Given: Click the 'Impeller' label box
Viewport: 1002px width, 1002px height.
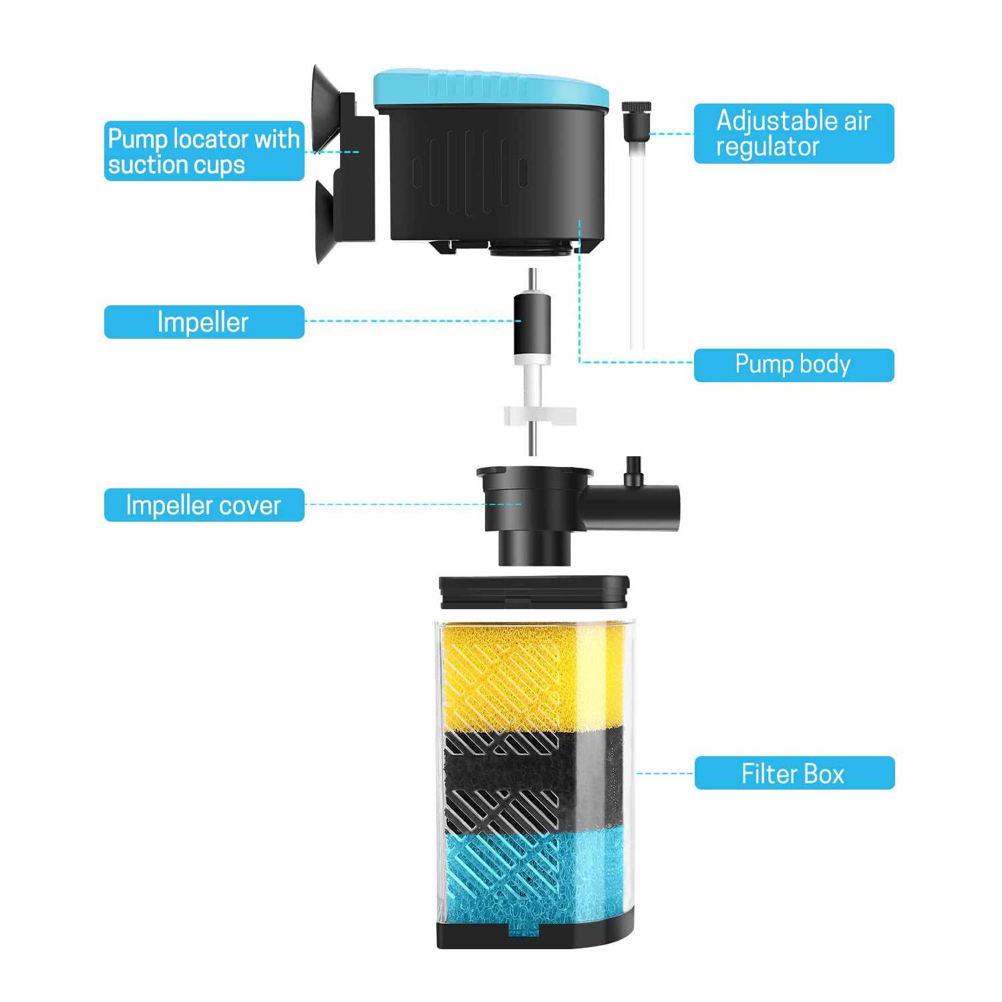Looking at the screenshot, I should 204,322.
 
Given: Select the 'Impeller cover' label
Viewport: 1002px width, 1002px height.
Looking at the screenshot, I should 204,505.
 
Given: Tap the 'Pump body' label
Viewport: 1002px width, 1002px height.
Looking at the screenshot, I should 794,365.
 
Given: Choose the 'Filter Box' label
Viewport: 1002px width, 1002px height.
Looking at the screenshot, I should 794,773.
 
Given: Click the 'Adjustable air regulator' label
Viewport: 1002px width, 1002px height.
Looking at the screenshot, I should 794,134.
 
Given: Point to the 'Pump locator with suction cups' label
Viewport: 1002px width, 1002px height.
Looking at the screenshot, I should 204,151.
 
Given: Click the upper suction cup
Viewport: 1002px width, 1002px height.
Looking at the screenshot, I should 323,107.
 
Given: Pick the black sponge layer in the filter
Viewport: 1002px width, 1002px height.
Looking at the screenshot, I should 528,778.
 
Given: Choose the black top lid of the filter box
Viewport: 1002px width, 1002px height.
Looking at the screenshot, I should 534,592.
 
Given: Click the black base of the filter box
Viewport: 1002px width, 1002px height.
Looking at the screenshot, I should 534,932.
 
